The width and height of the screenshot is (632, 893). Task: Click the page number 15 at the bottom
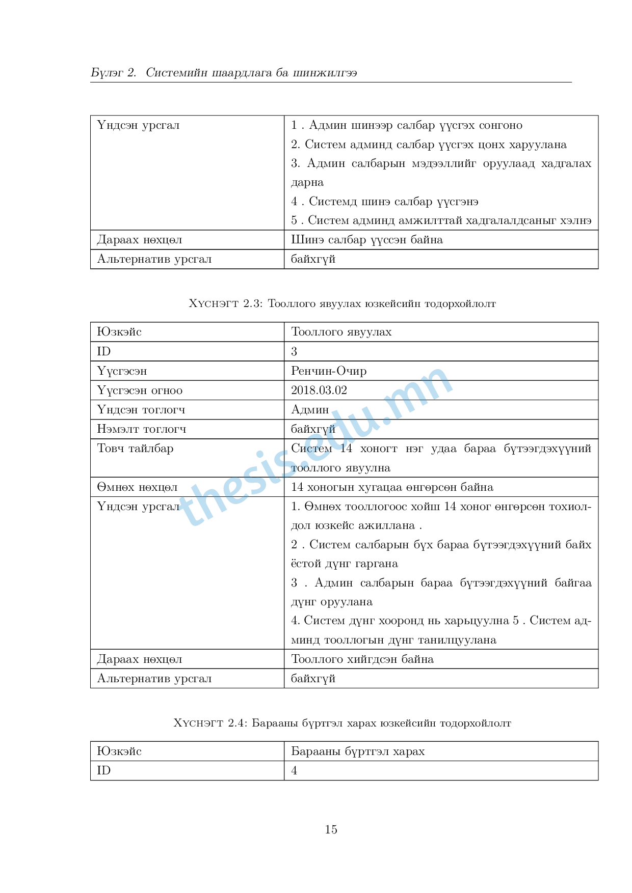[331, 829]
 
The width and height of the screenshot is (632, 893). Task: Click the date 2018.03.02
[319, 390]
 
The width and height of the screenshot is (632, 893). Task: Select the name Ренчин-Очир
[329, 371]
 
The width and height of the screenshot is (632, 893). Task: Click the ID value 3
[294, 352]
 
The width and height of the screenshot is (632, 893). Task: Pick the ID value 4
[294, 771]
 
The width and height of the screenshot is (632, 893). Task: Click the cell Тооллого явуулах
[341, 332]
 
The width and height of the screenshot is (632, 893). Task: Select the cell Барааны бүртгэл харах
[358, 751]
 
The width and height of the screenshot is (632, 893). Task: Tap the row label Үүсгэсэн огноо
[140, 390]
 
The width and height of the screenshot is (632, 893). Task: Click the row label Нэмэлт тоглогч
[142, 429]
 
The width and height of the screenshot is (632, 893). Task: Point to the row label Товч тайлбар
[135, 449]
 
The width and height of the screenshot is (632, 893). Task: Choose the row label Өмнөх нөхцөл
[137, 487]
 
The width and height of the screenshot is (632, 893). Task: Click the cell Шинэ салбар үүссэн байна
[366, 240]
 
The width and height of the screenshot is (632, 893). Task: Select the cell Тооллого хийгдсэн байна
[362, 659]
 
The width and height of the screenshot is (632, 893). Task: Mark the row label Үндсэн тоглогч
[141, 410]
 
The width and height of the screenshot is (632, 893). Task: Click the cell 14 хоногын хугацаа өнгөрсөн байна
[392, 487]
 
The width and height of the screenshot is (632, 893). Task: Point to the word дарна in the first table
[307, 182]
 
